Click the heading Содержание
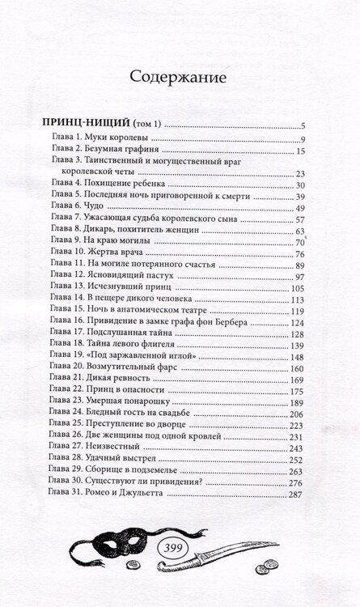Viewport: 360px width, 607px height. pyautogui.click(x=180, y=77)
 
